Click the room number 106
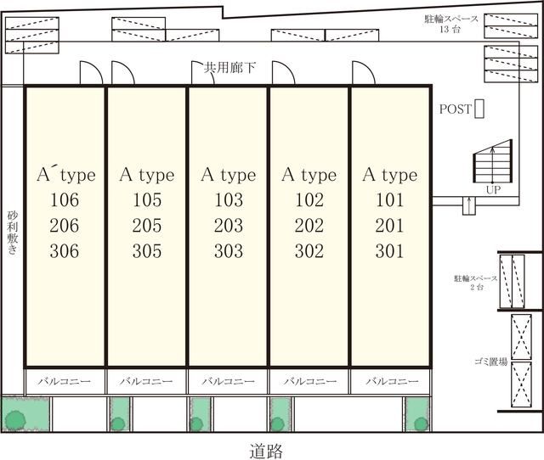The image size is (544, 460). click(65, 199)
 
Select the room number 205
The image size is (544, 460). click(147, 226)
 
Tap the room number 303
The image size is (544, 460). click(229, 251)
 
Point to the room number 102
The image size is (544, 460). click(309, 199)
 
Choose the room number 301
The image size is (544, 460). click(389, 251)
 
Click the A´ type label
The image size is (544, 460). click(66, 175)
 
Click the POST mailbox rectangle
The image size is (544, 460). click(479, 109)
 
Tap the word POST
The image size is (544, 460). click(456, 109)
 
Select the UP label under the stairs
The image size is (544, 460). click(493, 190)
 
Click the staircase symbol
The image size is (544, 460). click(493, 161)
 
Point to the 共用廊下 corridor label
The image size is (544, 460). click(229, 68)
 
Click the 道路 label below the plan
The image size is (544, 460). click(266, 451)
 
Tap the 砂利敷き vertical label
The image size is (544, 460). click(13, 233)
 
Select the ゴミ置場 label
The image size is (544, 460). click(491, 362)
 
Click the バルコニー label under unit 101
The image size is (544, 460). click(392, 381)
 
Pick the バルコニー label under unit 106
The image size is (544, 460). click(65, 381)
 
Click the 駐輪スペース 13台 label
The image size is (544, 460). click(451, 24)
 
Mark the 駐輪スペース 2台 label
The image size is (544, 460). click(476, 283)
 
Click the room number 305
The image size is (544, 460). click(147, 251)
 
